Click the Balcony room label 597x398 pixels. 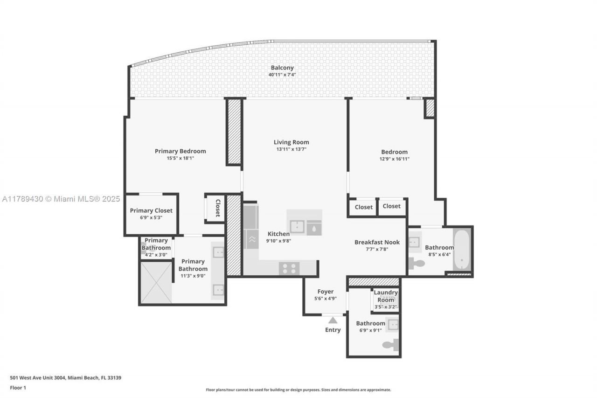coord(282,68)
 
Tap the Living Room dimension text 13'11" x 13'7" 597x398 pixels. coord(291,149)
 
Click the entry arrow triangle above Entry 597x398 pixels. coord(333,320)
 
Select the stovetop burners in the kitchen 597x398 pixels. coord(289,268)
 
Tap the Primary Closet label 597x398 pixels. coord(151,210)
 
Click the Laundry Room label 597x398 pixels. coord(386,296)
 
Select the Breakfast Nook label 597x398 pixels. coord(377,242)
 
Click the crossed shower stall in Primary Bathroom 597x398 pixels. coord(156,282)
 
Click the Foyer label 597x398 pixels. coord(326,292)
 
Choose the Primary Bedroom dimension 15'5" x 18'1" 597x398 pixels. coord(180,158)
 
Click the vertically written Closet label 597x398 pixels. coord(217,208)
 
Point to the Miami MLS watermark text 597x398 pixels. coord(61,199)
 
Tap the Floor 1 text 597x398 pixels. coord(18,388)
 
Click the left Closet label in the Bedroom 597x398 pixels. coord(363,207)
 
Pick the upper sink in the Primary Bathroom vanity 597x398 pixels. coord(218,252)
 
